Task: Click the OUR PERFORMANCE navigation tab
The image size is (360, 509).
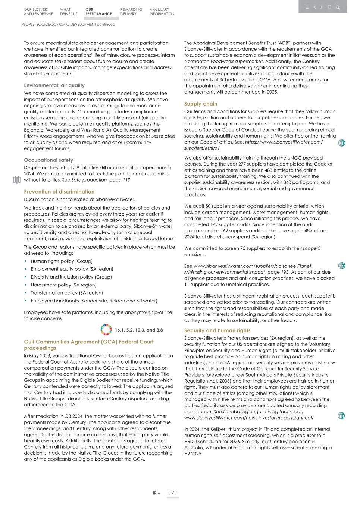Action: [98, 12]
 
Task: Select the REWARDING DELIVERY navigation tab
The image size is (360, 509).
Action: [131, 12]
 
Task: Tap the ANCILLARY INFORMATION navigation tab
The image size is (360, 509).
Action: [162, 12]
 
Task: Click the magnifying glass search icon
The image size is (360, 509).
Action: [338, 7]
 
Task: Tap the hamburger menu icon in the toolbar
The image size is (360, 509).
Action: [307, 7]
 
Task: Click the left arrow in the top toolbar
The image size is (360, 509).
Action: [315, 7]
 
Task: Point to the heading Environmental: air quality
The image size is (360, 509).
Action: [54, 85]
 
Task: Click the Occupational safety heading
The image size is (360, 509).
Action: [48, 160]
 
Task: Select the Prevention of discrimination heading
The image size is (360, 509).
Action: [59, 192]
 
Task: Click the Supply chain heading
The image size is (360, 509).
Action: [201, 104]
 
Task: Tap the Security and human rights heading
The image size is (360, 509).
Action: [217, 330]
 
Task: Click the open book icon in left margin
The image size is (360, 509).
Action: [16, 180]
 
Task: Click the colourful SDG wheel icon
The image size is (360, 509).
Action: [106, 330]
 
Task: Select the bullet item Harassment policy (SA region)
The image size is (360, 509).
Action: [63, 285]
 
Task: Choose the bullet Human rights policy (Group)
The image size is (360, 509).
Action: [62, 261]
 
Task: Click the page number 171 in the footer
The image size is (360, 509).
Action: [172, 493]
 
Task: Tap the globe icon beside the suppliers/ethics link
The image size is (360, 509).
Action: [341, 143]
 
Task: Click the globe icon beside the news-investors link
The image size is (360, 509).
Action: [341, 416]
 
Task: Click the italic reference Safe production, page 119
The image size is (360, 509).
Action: [101, 180]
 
